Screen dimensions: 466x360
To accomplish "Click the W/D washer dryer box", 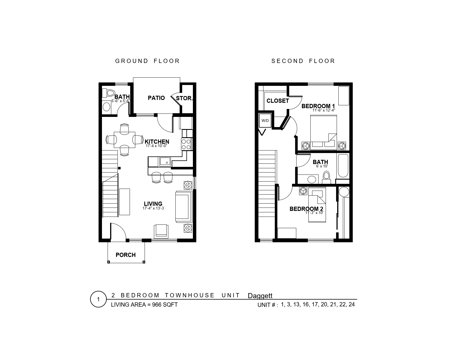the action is pyautogui.click(x=265, y=121).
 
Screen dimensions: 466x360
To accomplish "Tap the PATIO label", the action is pyautogui.click(x=156, y=98).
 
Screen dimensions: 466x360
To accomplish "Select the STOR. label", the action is pyautogui.click(x=184, y=98).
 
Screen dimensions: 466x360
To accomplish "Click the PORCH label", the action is pyautogui.click(x=126, y=255).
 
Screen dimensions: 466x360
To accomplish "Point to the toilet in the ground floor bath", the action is pyautogui.click(x=108, y=93).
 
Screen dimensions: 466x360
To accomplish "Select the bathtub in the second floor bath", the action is pyautogui.click(x=343, y=165).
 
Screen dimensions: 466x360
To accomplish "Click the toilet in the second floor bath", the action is pyautogui.click(x=326, y=178).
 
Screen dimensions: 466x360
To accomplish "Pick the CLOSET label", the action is pyautogui.click(x=278, y=101).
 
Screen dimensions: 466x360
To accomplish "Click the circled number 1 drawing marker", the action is pyautogui.click(x=99, y=299).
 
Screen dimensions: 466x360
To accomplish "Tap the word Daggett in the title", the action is pyautogui.click(x=260, y=296).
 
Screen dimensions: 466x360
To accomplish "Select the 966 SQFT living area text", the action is pyautogui.click(x=165, y=305).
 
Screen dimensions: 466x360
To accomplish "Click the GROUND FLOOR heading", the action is pyautogui.click(x=147, y=61).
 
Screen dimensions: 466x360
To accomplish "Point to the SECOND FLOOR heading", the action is pyautogui.click(x=303, y=61).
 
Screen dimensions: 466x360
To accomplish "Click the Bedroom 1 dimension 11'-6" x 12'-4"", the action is pyautogui.click(x=324, y=110).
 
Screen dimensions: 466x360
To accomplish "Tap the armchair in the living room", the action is pyautogui.click(x=161, y=231).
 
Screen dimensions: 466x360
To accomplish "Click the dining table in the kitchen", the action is pyautogui.click(x=125, y=140).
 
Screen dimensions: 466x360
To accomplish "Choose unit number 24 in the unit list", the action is pyautogui.click(x=352, y=304).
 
